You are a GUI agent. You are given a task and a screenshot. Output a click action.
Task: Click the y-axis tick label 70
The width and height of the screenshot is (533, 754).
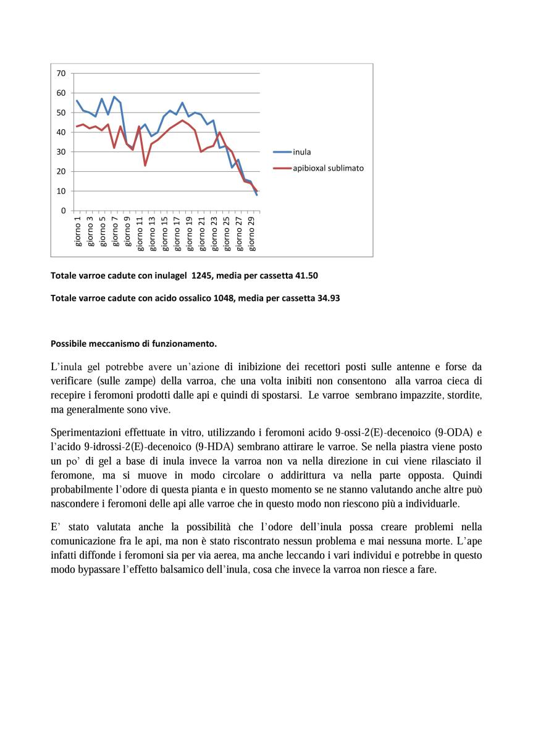pyautogui.click(x=61, y=74)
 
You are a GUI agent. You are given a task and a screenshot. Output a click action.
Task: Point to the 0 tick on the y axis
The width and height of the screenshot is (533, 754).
pyautogui.click(x=63, y=211)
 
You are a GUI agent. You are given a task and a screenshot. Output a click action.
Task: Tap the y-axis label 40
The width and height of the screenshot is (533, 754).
pyautogui.click(x=61, y=132)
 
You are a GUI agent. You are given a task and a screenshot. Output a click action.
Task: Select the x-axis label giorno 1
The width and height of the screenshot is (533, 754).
pyautogui.click(x=78, y=231)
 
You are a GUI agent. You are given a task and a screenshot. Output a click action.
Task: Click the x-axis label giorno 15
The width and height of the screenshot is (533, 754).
pyautogui.click(x=165, y=233)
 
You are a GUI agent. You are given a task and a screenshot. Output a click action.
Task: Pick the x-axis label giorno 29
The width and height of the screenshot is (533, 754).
pyautogui.click(x=252, y=233)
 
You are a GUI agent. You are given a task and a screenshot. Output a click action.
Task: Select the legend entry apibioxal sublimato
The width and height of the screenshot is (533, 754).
pyautogui.click(x=328, y=167)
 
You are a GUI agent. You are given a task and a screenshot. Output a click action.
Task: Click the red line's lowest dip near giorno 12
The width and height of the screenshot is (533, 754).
pyautogui.click(x=145, y=165)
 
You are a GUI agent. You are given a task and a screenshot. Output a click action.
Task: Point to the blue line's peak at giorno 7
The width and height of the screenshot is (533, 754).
pyautogui.click(x=114, y=97)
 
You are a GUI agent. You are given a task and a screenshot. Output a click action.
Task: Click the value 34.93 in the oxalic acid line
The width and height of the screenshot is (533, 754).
pyautogui.click(x=328, y=299)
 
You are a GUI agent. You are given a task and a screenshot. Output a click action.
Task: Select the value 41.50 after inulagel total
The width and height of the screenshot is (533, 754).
pyautogui.click(x=306, y=276)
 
